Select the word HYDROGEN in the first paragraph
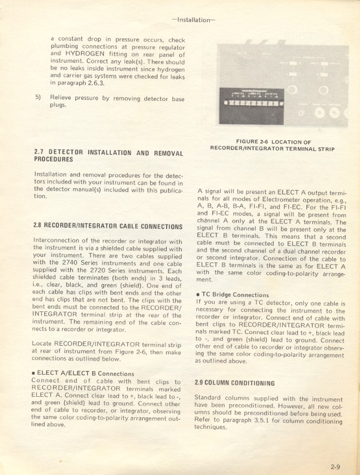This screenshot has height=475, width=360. click(88, 53)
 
